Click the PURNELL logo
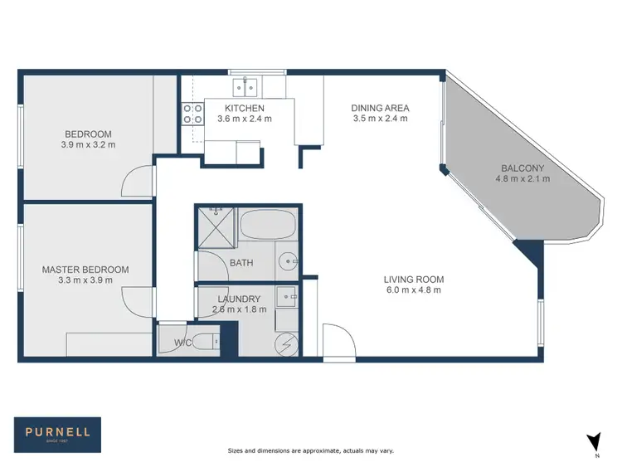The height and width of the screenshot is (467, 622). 57,431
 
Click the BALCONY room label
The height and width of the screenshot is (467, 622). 522,168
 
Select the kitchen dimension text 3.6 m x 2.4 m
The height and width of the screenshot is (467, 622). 244,119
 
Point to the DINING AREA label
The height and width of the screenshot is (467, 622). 380,108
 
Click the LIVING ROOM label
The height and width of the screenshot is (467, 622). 413,279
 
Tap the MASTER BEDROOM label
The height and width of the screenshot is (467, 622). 85,270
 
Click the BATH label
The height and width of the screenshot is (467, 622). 241,264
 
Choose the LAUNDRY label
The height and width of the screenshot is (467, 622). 240,299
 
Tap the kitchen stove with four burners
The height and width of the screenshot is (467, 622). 192,114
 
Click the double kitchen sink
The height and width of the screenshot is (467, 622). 245,85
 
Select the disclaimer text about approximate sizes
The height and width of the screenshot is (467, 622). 310,450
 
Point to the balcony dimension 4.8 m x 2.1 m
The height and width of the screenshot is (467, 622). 522,178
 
